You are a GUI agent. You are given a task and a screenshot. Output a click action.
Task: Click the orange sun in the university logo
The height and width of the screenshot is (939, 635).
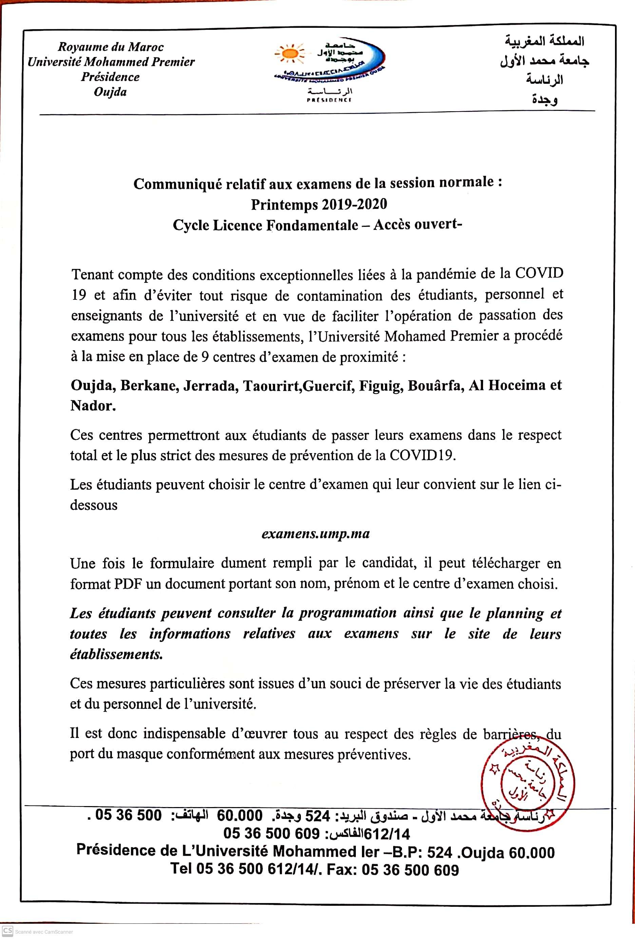point(289,54)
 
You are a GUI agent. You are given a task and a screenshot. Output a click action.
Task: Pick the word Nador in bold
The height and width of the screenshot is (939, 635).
point(93,406)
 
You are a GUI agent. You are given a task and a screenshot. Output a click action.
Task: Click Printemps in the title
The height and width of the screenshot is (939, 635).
point(284,204)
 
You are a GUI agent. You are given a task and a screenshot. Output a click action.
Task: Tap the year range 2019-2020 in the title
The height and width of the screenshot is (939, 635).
point(354,204)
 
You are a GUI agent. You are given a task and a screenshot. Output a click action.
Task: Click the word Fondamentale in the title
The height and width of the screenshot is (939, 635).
point(312,225)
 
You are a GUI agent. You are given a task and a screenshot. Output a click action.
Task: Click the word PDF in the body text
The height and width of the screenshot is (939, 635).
point(129,584)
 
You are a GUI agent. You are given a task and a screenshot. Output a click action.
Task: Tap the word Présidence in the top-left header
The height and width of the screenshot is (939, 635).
point(110,77)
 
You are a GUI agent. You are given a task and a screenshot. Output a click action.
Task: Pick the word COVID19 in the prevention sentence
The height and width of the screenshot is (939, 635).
point(422,455)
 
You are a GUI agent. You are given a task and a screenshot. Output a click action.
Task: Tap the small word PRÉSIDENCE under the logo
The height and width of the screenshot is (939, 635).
point(329,100)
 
